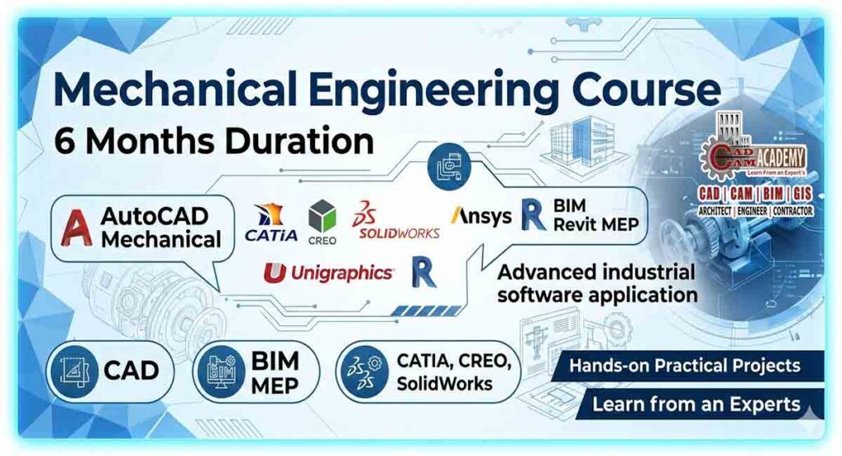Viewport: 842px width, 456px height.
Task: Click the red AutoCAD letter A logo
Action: tap(76, 228)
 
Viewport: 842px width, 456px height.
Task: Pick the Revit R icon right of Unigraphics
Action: tap(424, 272)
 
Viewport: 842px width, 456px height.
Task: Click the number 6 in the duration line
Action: tap(64, 140)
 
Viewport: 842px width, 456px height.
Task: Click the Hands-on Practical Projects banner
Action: tap(682, 364)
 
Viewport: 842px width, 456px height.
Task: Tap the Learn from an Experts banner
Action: tap(695, 404)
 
